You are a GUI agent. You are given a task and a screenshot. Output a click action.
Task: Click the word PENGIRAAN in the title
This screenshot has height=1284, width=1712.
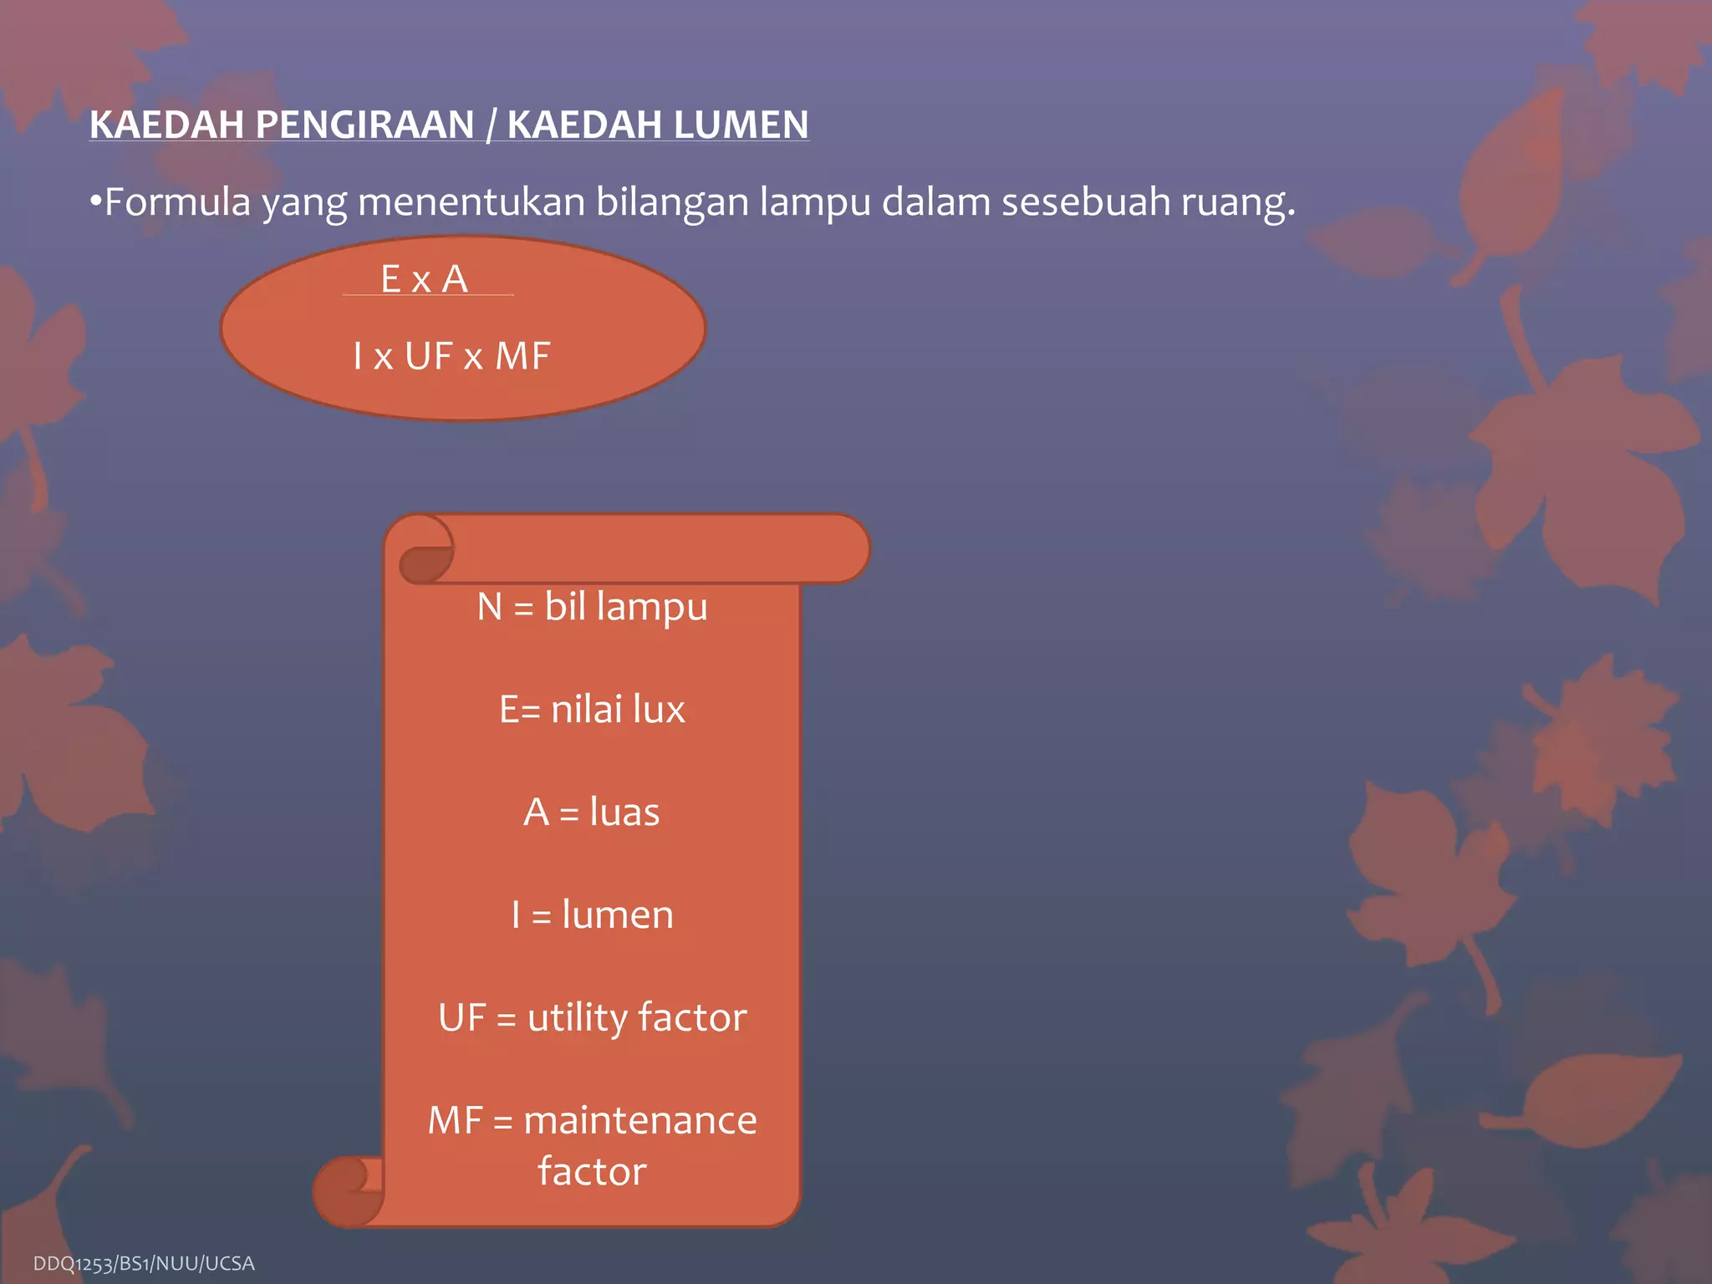tap(365, 125)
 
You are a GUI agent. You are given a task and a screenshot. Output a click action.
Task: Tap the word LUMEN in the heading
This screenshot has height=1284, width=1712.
tap(741, 125)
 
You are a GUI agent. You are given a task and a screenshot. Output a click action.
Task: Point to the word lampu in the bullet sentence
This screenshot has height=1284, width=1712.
tap(815, 202)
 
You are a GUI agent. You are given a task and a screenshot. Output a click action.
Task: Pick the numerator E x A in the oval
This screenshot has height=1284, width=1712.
tap(425, 279)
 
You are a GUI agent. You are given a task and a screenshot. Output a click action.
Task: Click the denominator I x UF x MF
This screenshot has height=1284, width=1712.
tap(451, 357)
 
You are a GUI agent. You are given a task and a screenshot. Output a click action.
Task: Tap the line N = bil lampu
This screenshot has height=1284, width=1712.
tap(592, 607)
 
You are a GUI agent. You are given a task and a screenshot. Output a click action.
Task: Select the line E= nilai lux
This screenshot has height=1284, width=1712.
tap(592, 710)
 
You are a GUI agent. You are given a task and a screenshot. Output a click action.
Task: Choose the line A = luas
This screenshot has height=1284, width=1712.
tap(592, 813)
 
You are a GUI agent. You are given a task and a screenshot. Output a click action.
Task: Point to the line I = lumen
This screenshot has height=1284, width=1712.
tap(592, 915)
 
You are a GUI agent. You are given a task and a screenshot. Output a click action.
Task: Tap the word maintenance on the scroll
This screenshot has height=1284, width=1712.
tap(640, 1121)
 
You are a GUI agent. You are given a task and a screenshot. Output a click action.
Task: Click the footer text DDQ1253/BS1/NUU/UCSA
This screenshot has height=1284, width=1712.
tap(144, 1263)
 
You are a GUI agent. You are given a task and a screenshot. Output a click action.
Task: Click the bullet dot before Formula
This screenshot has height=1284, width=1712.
tap(95, 201)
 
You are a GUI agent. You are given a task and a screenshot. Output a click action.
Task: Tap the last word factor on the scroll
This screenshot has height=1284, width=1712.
tap(592, 1172)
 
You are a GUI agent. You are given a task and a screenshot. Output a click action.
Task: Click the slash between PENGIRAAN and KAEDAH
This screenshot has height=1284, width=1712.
tap(491, 125)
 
